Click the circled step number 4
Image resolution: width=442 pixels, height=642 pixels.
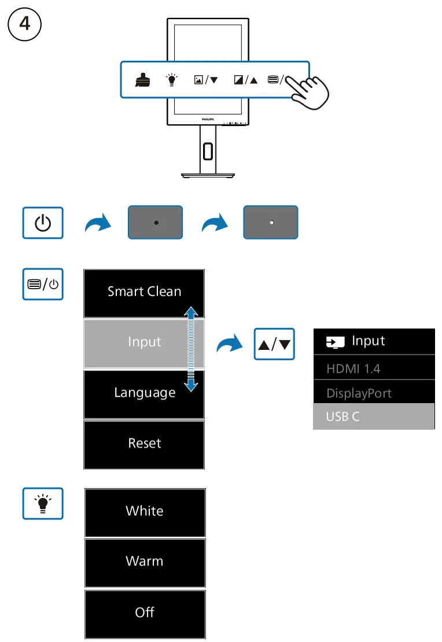tap(24, 24)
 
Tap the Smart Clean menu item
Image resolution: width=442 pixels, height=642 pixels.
tap(144, 293)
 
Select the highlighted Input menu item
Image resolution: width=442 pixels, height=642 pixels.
tap(144, 343)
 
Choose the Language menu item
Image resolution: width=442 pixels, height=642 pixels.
tap(144, 394)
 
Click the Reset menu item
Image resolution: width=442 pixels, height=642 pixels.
tap(144, 445)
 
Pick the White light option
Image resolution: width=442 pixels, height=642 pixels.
tap(145, 512)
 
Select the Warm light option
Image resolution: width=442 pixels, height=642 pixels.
tap(145, 563)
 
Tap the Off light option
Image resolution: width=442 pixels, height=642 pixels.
tap(145, 614)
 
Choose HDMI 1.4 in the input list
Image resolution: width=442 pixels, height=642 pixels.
tap(374, 368)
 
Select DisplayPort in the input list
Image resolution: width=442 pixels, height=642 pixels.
tap(374, 392)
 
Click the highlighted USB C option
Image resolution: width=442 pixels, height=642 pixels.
tap(374, 416)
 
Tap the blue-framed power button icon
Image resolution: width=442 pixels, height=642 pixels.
tap(43, 223)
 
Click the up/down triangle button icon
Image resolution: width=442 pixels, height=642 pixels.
tap(274, 344)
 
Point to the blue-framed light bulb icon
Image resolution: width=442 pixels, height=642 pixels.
tap(43, 504)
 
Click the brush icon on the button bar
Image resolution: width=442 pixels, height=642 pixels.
tap(142, 80)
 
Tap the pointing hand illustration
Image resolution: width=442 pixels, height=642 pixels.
tap(308, 92)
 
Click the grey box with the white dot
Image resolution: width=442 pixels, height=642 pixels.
tap(271, 222)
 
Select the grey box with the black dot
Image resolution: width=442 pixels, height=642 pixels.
tap(155, 222)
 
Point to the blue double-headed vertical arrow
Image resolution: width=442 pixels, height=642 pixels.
tap(191, 349)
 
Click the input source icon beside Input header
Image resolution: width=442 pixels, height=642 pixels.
tap(335, 342)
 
